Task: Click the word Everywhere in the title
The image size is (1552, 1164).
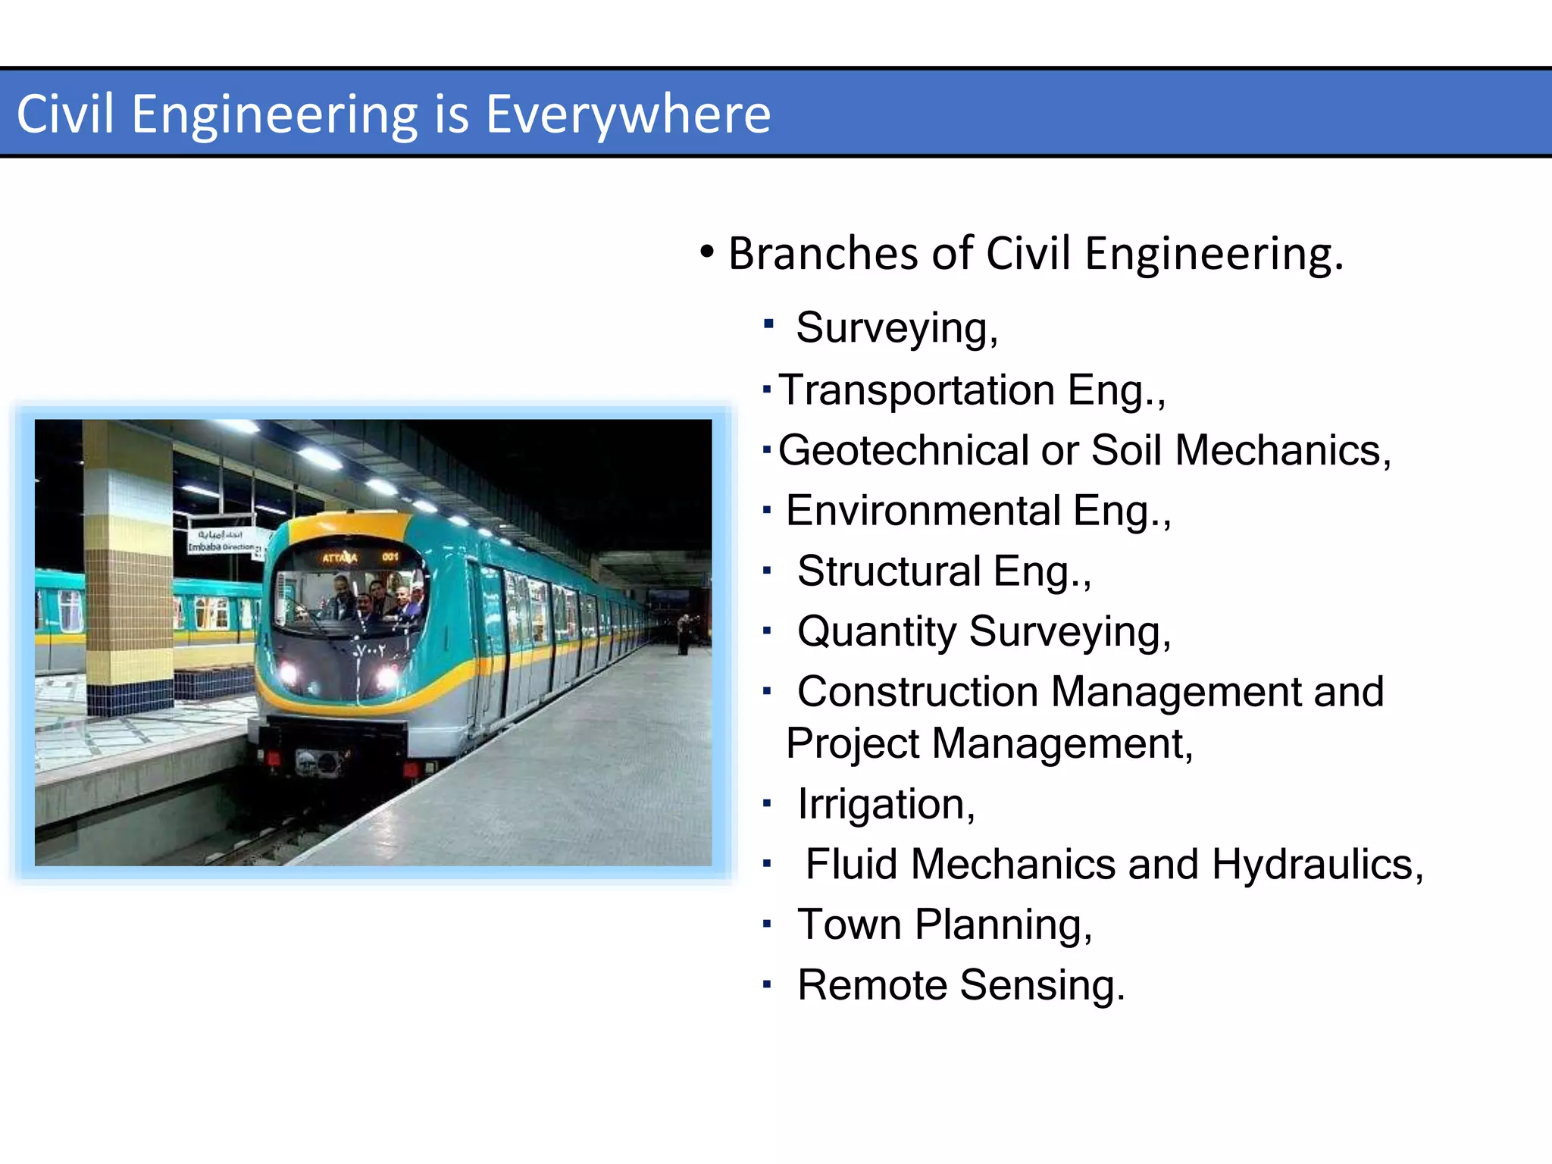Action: click(627, 114)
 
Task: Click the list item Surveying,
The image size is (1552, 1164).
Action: click(896, 328)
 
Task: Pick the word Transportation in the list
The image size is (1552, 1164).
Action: click(916, 390)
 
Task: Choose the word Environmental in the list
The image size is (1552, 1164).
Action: click(922, 511)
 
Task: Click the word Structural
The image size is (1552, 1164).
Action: click(889, 571)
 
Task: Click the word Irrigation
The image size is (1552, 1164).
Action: click(885, 804)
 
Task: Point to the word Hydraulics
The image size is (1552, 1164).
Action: click(1316, 865)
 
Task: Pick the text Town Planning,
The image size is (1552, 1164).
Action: click(944, 925)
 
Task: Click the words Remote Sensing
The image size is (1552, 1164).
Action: click(960, 985)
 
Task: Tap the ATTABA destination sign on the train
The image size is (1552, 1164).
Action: click(340, 559)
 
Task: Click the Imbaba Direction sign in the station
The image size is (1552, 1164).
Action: click(221, 543)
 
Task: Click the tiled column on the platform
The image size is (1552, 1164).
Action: click(129, 568)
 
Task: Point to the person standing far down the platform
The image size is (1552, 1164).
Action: click(684, 635)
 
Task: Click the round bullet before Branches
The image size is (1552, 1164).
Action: click(707, 252)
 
